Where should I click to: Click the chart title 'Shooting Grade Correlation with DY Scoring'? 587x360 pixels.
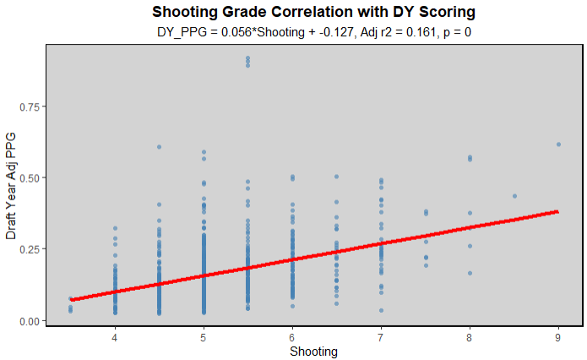[313, 12]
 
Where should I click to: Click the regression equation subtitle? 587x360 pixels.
[313, 31]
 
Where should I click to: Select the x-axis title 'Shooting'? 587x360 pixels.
[314, 351]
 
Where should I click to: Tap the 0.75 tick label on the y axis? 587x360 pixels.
[30, 106]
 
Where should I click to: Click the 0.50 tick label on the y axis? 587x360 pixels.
[30, 178]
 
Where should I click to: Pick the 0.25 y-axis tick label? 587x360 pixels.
[30, 249]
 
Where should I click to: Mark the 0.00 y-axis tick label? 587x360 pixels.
[30, 321]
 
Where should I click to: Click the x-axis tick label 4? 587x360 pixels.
[115, 336]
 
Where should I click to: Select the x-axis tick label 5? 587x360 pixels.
[204, 336]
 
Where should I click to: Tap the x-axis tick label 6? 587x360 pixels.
[292, 336]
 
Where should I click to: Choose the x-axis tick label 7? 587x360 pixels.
[381, 336]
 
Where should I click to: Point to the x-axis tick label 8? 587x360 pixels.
[470, 336]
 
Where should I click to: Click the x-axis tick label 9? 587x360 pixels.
[558, 336]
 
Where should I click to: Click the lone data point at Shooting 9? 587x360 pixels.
[558, 145]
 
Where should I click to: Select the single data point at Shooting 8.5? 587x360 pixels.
[514, 196]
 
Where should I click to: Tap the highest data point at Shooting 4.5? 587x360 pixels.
[159, 147]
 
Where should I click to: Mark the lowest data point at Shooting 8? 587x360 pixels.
[470, 273]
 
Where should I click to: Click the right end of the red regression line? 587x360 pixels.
[558, 211]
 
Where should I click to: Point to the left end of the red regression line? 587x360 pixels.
[71, 299]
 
